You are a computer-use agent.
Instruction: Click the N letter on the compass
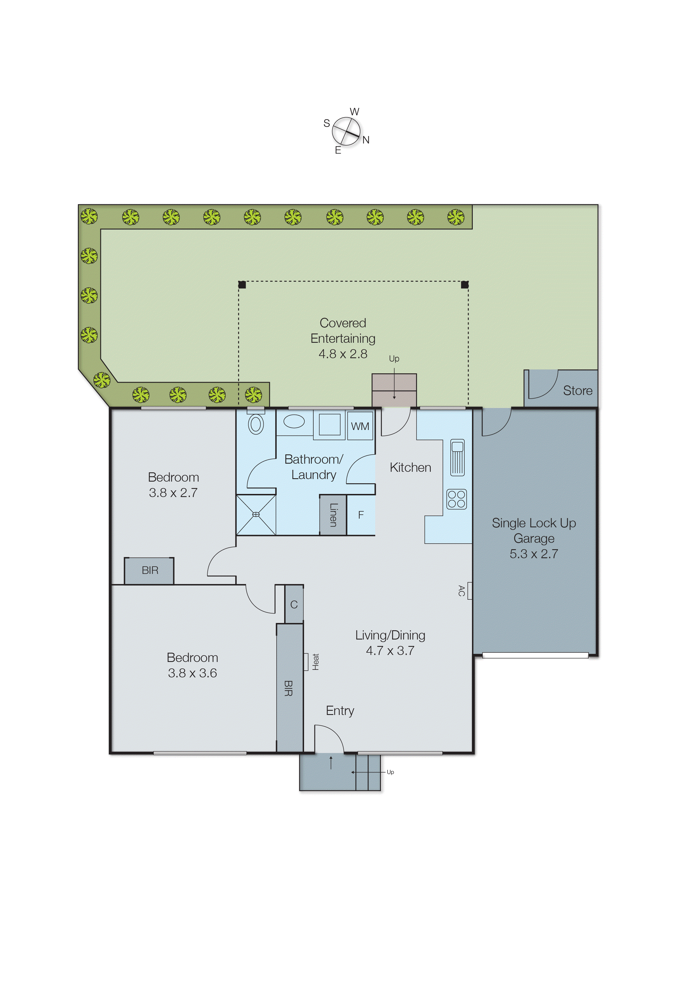[x=366, y=140]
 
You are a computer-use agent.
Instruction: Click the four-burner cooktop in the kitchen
[x=456, y=499]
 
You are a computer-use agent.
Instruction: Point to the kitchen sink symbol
[x=457, y=457]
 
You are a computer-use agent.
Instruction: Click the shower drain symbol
[x=256, y=514]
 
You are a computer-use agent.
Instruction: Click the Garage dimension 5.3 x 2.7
[x=534, y=554]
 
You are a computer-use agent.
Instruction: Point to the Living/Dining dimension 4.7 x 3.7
[x=390, y=650]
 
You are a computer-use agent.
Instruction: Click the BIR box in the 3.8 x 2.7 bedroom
[x=149, y=571]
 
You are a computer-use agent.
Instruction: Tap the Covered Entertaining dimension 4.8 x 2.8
[x=343, y=354]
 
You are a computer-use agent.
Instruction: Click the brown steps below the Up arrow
[x=394, y=390]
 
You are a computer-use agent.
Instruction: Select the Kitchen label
[x=410, y=467]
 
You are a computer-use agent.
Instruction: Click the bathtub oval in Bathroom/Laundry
[x=294, y=421]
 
